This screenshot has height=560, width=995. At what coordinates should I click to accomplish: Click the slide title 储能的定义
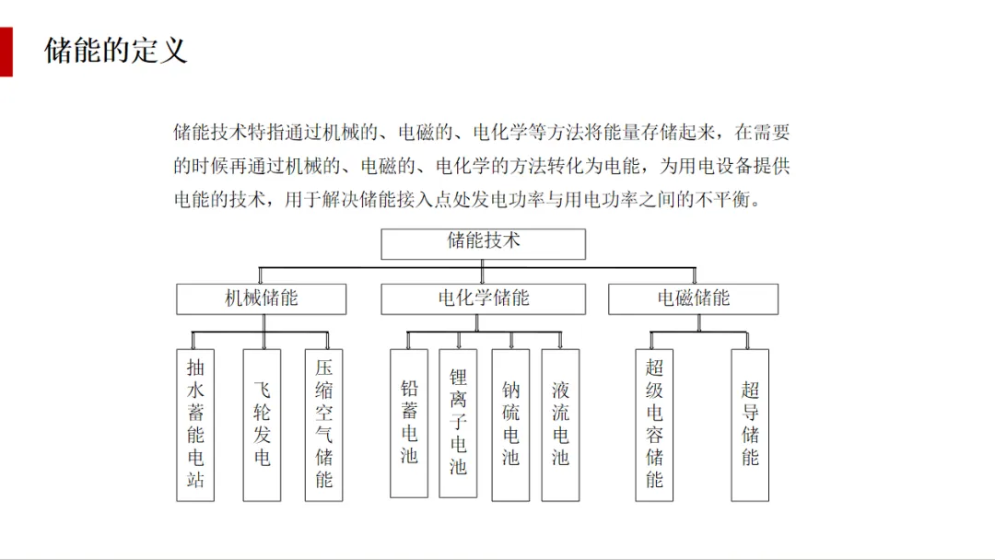[116, 50]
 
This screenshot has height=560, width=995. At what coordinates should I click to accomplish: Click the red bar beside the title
[6, 52]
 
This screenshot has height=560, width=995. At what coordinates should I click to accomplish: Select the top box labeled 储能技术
[483, 243]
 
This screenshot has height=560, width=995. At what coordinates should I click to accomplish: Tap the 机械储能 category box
[262, 298]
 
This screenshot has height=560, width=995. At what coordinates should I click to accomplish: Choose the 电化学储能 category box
[483, 298]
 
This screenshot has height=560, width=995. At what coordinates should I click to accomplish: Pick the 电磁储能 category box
[693, 298]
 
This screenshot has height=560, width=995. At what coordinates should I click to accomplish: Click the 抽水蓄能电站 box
[195, 425]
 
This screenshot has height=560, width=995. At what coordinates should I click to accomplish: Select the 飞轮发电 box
[262, 425]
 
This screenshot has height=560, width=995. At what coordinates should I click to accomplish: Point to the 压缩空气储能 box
[323, 425]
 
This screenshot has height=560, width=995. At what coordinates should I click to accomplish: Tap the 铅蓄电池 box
[409, 423]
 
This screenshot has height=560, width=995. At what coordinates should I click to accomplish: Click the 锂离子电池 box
[458, 423]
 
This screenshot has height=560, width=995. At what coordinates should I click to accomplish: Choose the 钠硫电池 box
[510, 425]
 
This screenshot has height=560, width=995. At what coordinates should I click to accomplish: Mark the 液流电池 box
[560, 425]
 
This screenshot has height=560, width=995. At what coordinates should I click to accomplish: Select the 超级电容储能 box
[654, 425]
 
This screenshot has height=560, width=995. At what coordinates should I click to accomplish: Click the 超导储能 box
[750, 425]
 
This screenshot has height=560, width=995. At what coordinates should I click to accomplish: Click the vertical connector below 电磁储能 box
[698, 322]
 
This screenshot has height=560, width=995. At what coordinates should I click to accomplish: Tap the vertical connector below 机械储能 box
[263, 322]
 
